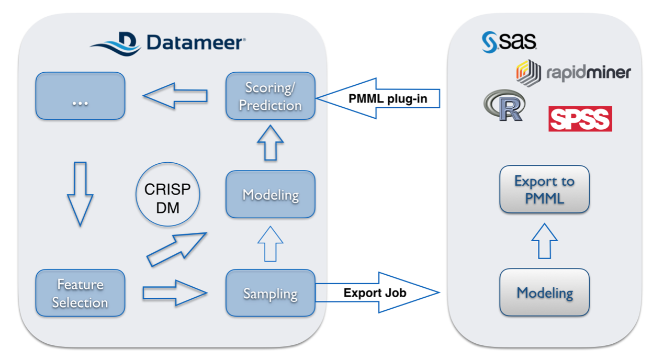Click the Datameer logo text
click(x=196, y=42)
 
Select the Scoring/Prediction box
click(x=271, y=96)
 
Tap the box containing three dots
click(x=81, y=96)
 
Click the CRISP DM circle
click(x=167, y=194)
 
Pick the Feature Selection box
click(x=81, y=293)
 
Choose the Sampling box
click(x=271, y=293)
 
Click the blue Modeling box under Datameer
click(x=271, y=194)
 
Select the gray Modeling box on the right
click(x=545, y=292)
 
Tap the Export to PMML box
click(x=545, y=189)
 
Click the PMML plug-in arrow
click(x=378, y=98)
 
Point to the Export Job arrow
click(x=378, y=292)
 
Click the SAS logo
click(x=509, y=42)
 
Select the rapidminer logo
click(x=574, y=73)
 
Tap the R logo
click(x=504, y=105)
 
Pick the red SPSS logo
click(x=580, y=119)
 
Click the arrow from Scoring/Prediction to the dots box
click(x=175, y=96)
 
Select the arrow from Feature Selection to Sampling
click(x=175, y=293)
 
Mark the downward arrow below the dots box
click(x=80, y=194)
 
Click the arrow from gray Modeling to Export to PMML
click(x=544, y=241)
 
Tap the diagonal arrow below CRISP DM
click(x=177, y=249)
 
